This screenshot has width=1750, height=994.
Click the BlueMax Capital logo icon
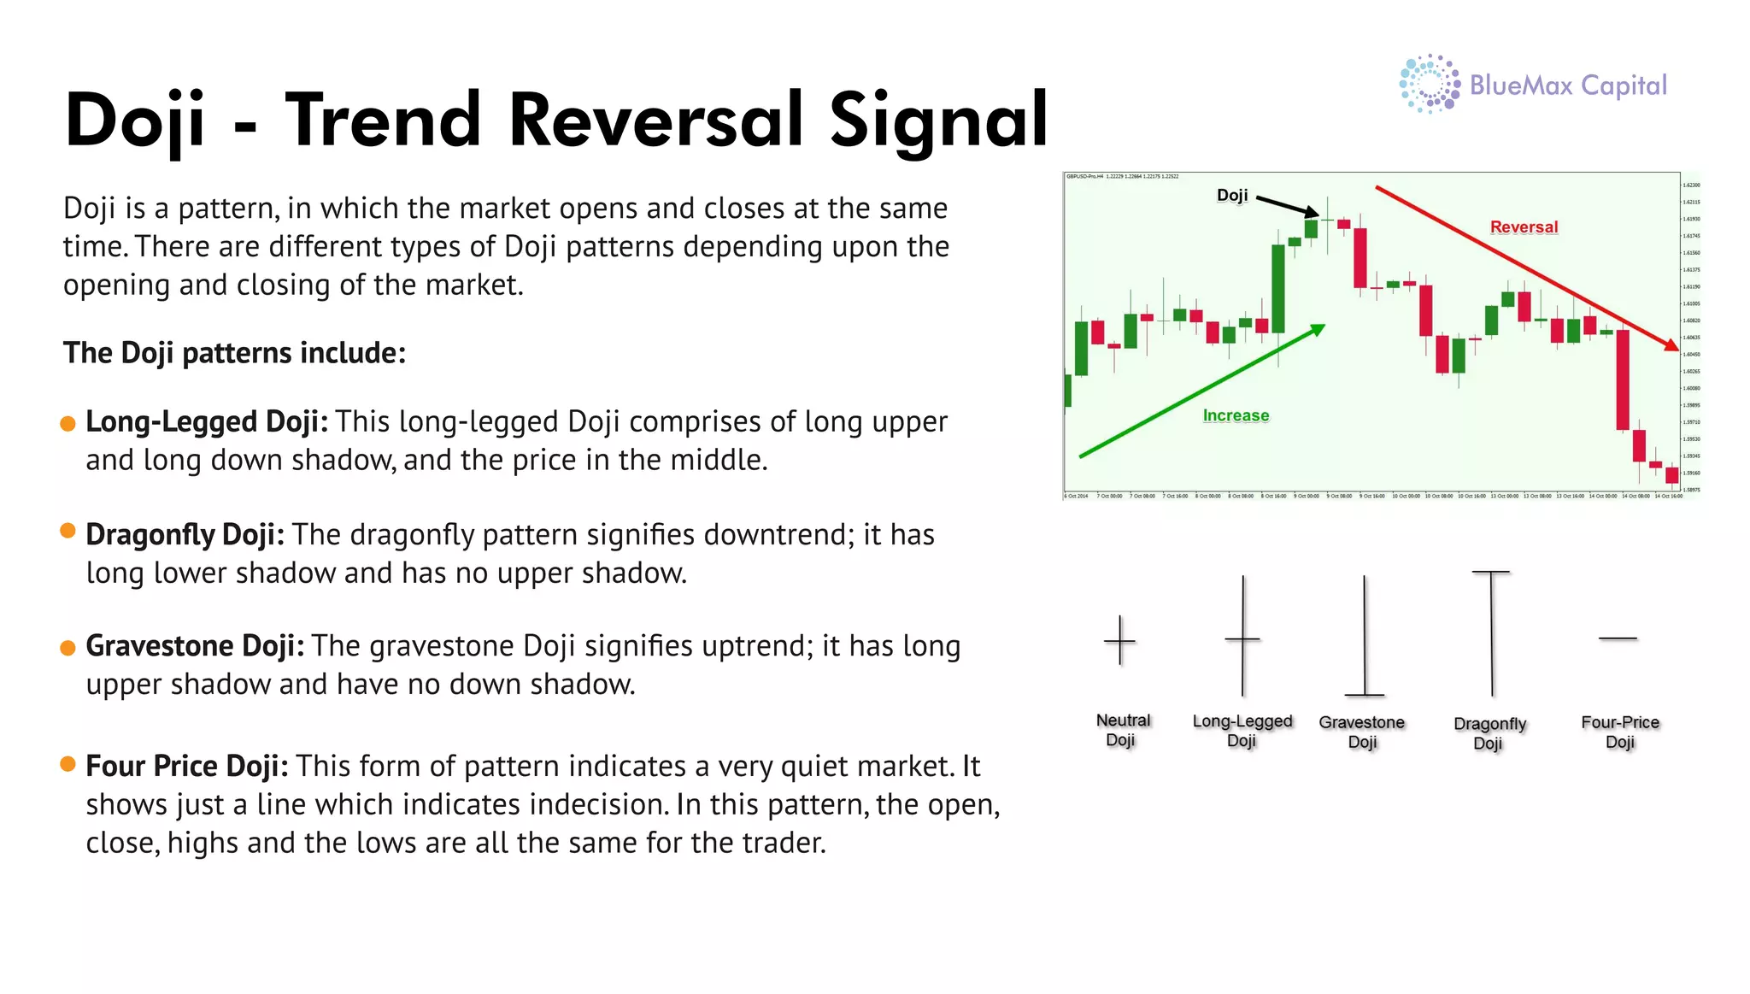click(1429, 84)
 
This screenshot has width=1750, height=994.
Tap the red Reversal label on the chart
click(1524, 226)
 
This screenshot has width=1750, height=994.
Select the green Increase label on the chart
click(1236, 415)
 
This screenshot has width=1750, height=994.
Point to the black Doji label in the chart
click(1232, 195)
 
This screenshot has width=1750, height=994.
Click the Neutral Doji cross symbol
click(1119, 640)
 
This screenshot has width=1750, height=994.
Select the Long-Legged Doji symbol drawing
click(1242, 637)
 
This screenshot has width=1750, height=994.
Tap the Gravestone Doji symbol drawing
click(1364, 637)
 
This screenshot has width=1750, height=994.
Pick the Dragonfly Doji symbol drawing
click(1491, 632)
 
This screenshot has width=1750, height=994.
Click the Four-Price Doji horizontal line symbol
click(1618, 638)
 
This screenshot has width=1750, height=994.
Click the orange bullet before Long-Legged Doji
click(68, 424)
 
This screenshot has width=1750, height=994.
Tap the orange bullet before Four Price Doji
click(68, 764)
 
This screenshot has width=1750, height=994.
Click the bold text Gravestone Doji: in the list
click(195, 646)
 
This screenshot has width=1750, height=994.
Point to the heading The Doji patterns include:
click(234, 353)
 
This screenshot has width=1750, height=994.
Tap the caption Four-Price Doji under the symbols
click(1619, 732)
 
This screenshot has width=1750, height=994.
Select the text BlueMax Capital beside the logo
click(1568, 85)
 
